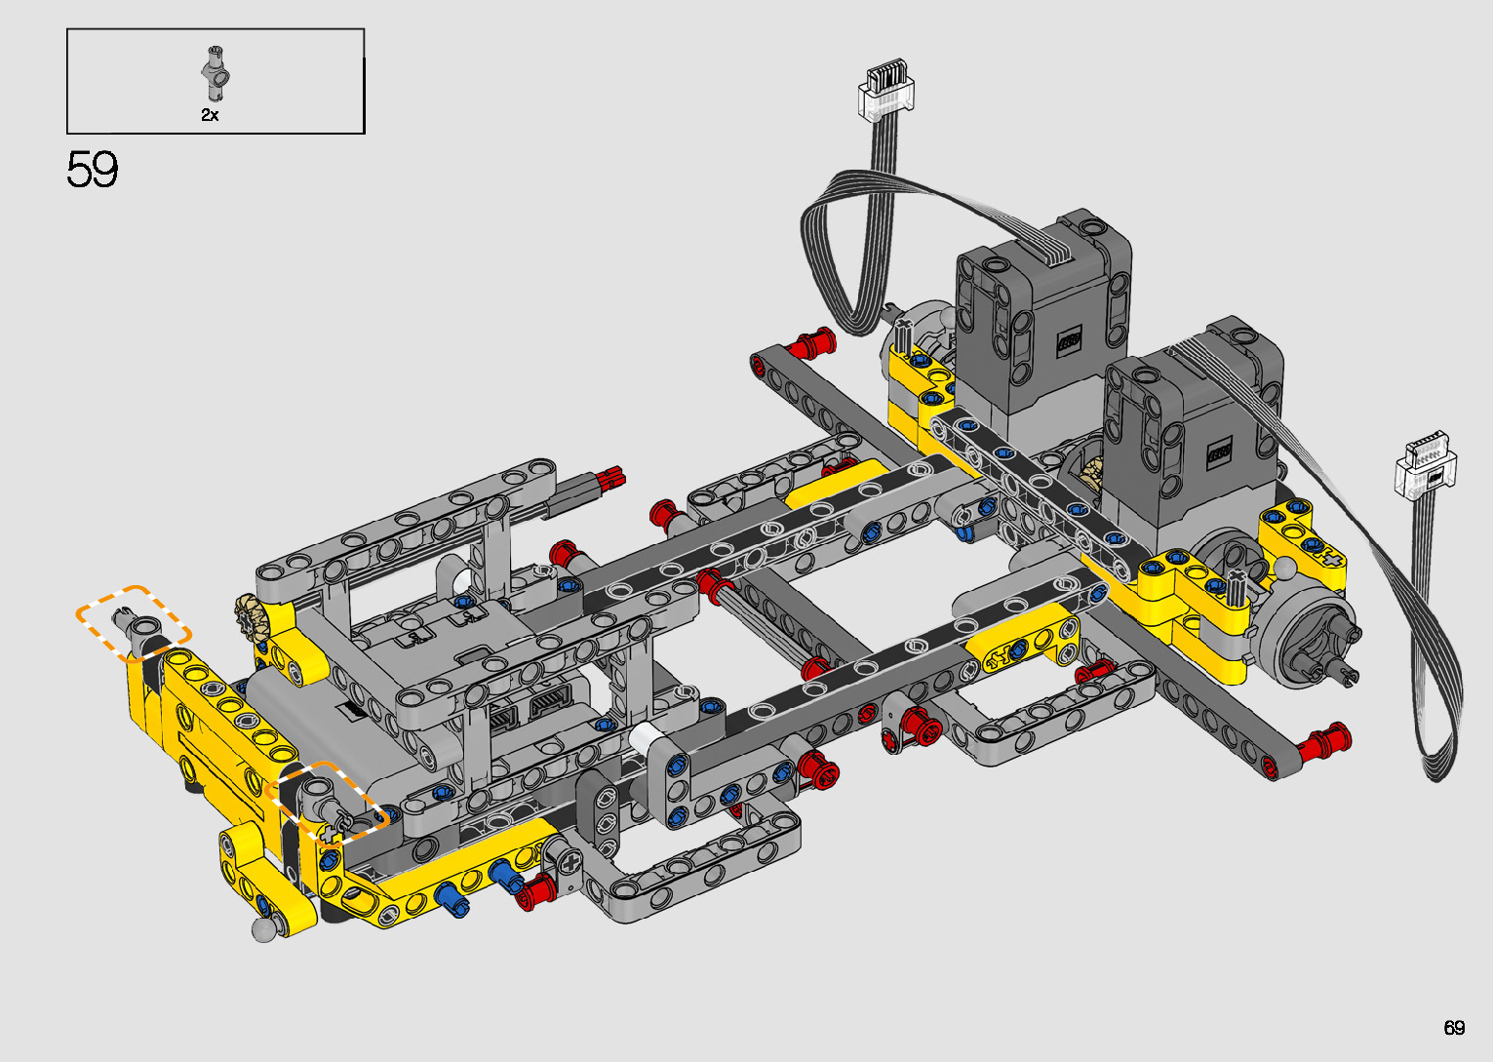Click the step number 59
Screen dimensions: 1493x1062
(92, 170)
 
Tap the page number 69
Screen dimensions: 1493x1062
(1454, 1027)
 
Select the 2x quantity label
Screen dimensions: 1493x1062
(210, 115)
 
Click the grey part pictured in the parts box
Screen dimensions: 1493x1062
(216, 73)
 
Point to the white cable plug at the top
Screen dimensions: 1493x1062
(885, 90)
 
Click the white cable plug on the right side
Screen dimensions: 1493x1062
(1426, 463)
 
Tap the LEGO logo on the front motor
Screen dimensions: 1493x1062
(1219, 452)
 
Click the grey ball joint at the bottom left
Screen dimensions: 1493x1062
(264, 929)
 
